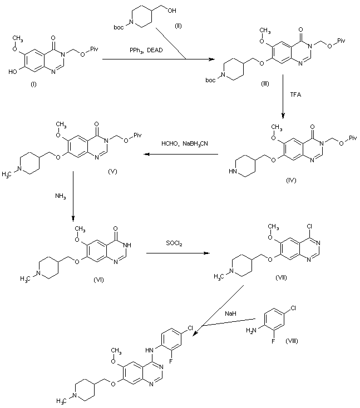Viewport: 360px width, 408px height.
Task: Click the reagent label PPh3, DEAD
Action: tap(146, 51)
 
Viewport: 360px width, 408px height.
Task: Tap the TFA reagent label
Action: tap(295, 94)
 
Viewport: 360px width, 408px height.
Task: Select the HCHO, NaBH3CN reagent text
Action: tap(185, 143)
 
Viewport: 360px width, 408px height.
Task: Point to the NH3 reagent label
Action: tap(61, 196)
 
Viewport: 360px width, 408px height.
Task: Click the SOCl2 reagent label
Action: tap(174, 243)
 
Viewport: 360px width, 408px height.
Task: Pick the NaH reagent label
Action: tap(230, 314)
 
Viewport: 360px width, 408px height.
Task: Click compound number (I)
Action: tap(33, 84)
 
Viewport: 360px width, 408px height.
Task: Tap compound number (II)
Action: tap(178, 26)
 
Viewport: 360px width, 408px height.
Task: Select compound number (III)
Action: tap(265, 83)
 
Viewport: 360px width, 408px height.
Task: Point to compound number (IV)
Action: tap(291, 180)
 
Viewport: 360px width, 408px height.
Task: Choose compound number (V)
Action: tap(112, 171)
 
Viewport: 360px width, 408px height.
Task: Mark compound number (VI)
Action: tap(98, 280)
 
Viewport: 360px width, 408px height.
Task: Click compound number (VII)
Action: tap(281, 277)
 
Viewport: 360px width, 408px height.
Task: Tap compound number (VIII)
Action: tap(292, 341)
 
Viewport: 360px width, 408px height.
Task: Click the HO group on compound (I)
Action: tap(13, 72)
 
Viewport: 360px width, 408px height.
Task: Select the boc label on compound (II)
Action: tap(119, 27)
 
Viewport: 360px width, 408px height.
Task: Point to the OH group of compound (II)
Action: tap(172, 11)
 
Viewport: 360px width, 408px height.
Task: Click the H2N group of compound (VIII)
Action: tap(251, 331)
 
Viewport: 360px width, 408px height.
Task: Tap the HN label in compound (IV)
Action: tap(233, 171)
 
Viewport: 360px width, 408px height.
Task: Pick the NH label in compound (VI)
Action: tap(127, 245)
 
